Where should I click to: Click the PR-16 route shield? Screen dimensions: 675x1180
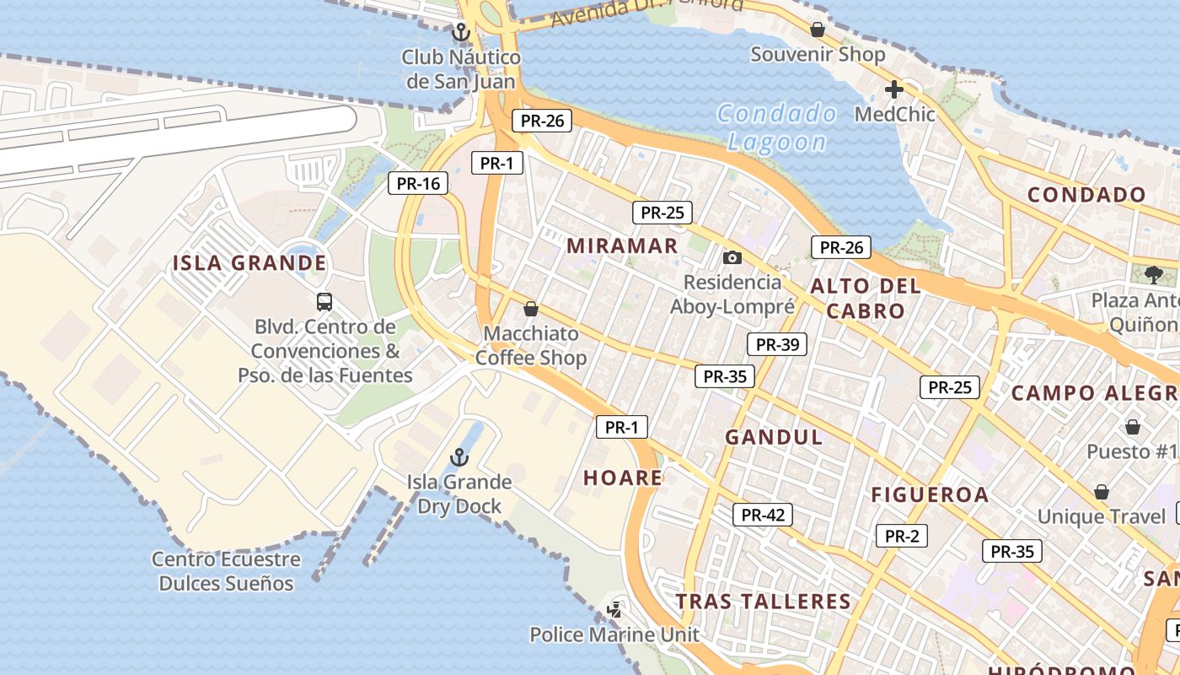(419, 183)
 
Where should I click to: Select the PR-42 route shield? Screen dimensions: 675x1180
(763, 515)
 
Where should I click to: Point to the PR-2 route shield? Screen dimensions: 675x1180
(901, 536)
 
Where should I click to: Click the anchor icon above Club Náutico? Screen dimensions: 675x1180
(460, 33)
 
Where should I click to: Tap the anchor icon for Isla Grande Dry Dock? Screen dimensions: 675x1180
(459, 458)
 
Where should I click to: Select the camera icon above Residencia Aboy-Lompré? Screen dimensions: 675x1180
(732, 257)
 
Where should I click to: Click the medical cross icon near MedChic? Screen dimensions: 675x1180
(894, 89)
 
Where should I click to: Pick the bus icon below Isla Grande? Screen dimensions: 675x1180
(324, 301)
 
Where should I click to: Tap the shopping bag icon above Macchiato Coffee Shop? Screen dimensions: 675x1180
(531, 309)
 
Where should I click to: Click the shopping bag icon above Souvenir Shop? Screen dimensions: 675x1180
(817, 30)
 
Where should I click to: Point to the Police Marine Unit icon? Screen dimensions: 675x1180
(615, 608)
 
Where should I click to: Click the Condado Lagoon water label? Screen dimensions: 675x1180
(777, 127)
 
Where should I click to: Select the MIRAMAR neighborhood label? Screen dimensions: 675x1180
(622, 246)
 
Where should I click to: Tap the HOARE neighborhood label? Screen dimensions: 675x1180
(623, 478)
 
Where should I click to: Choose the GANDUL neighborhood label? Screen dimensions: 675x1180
(774, 437)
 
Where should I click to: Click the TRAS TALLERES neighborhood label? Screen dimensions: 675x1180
(764, 602)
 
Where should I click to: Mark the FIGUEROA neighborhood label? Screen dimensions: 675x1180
(930, 494)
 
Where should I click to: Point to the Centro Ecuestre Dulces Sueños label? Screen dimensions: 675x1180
(226, 571)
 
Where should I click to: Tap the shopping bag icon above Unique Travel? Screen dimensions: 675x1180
(1101, 492)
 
